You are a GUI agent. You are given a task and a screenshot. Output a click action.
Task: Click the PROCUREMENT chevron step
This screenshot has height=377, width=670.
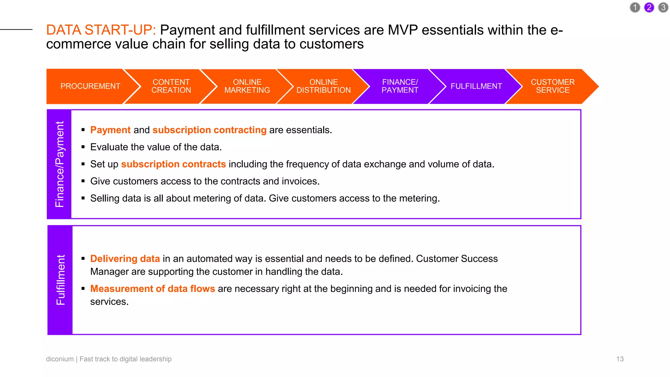coord(90,86)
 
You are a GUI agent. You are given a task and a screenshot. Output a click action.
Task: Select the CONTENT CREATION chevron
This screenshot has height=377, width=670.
coord(171,86)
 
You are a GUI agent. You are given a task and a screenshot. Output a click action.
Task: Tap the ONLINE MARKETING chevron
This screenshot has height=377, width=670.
coord(247,86)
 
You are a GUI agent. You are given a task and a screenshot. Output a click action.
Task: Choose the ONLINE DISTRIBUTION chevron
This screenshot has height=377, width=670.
coord(323,86)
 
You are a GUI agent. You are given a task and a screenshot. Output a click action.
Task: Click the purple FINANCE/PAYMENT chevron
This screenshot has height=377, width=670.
coord(400,86)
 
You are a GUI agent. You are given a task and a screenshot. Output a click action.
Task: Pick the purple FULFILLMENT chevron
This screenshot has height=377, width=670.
coord(476,86)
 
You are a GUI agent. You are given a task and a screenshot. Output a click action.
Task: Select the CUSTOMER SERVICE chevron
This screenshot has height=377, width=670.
coord(553,86)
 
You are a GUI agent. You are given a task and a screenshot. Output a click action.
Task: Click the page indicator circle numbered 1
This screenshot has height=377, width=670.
coord(635,8)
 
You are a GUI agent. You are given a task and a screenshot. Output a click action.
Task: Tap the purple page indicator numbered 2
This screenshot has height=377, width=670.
coord(649,8)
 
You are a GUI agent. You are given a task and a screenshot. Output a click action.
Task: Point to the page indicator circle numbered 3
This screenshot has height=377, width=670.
coord(663,8)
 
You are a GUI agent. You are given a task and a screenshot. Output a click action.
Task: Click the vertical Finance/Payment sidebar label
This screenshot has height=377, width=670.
coord(60,164)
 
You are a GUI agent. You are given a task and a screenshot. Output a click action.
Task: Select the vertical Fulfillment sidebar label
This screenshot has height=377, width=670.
coord(61,280)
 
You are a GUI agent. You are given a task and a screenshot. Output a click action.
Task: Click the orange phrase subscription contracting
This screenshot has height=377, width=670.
coord(209,130)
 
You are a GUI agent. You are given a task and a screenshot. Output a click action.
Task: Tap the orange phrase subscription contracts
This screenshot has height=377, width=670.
coord(173,164)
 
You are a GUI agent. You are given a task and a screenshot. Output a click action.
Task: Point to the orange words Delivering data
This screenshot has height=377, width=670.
coord(125,259)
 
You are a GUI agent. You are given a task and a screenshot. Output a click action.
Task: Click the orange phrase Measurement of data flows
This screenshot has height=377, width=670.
coord(152,289)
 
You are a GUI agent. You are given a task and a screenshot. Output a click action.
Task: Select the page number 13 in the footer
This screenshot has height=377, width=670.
coord(620,359)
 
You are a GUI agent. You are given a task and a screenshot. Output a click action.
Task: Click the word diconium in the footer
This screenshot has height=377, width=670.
coord(60,359)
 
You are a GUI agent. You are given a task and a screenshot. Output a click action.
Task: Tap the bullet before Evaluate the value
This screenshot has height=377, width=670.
coord(83,147)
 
